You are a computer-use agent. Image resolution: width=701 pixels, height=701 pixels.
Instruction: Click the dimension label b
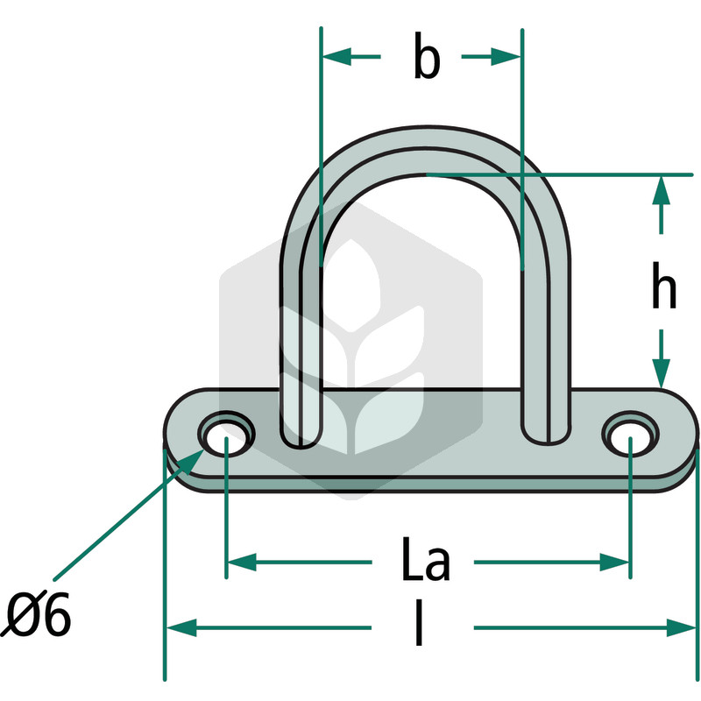[427, 56]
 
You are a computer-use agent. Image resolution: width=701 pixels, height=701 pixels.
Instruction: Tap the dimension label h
[663, 286]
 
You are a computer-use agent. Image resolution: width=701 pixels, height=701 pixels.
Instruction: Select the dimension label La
[426, 559]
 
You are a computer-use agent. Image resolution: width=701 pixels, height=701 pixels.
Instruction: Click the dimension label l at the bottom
[419, 623]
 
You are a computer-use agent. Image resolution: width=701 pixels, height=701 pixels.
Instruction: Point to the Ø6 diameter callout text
[36, 614]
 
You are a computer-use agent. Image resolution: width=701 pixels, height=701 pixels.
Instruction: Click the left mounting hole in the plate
[226, 434]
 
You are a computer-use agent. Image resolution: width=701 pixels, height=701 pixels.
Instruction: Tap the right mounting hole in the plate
[630, 434]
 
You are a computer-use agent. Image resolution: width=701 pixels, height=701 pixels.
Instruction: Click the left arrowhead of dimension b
[336, 56]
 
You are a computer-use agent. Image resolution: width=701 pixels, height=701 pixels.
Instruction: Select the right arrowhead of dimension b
[506, 56]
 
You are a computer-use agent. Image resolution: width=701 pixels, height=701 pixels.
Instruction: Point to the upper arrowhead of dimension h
[662, 191]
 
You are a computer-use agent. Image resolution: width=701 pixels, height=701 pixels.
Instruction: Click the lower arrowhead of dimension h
[662, 373]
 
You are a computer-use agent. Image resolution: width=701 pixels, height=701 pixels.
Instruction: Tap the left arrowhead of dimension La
[243, 562]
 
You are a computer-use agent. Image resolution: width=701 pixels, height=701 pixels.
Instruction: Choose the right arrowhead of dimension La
[614, 562]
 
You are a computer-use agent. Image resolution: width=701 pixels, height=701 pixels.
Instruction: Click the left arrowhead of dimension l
[181, 627]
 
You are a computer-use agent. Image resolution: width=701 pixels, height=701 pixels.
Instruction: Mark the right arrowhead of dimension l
[682, 627]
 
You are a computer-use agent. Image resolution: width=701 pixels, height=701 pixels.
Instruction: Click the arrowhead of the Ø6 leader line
[192, 463]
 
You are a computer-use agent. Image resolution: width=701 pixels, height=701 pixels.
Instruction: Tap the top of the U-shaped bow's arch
[426, 137]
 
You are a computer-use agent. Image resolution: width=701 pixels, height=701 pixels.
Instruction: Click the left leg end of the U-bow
[301, 435]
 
